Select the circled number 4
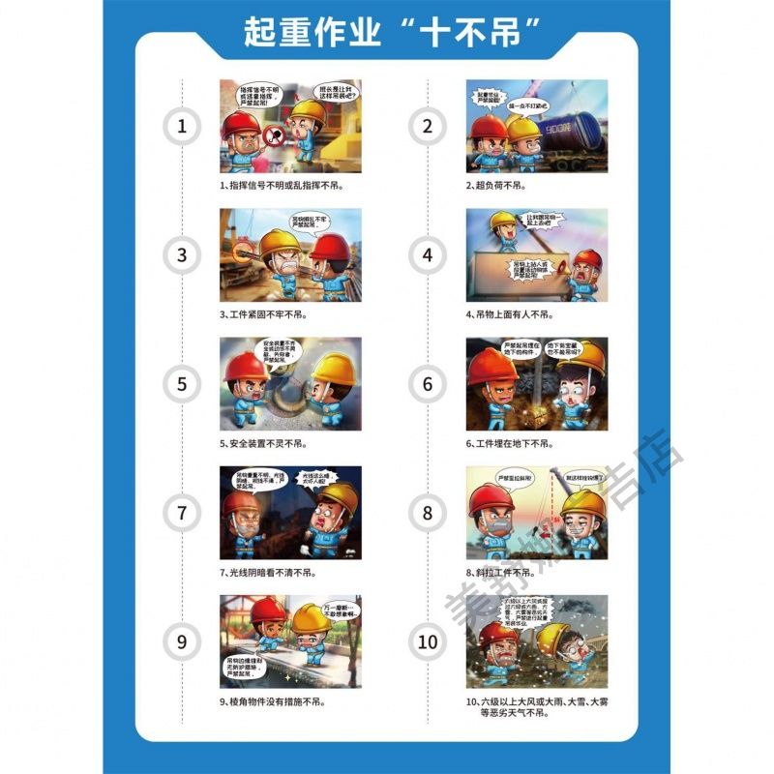coord(428,255)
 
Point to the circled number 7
coord(182,513)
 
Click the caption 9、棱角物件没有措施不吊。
coord(285,701)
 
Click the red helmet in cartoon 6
coord(492,368)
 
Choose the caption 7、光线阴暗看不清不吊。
coord(281,572)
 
